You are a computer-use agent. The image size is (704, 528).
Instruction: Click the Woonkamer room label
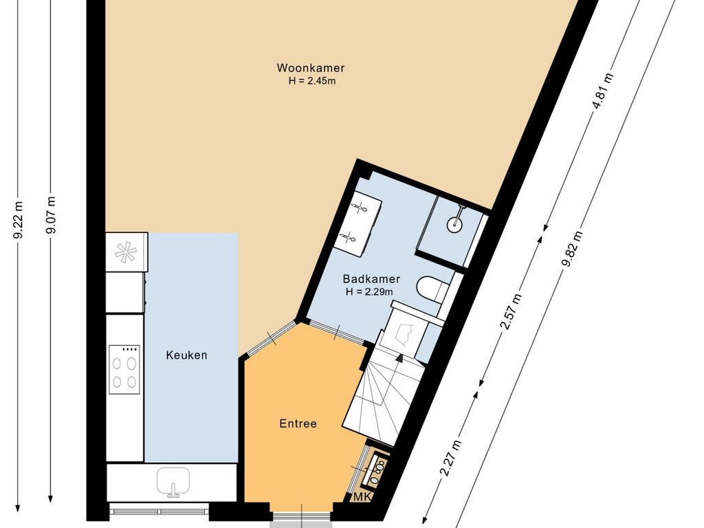click(311, 68)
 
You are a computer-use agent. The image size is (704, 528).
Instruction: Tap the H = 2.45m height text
click(312, 81)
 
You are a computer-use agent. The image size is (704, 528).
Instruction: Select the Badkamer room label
click(371, 279)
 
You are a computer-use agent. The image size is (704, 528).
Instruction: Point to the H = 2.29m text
click(369, 291)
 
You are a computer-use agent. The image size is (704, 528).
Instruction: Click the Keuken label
click(187, 355)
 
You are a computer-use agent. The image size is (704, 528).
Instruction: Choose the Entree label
click(298, 423)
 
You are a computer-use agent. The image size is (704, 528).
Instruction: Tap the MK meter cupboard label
click(363, 497)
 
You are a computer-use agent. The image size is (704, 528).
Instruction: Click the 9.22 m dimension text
click(19, 221)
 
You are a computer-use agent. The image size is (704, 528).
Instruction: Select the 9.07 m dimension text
click(51, 215)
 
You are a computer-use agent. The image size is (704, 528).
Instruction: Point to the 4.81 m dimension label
click(602, 91)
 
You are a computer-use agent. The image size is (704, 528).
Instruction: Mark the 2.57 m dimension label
click(511, 311)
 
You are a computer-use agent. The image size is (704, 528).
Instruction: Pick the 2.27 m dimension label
click(450, 457)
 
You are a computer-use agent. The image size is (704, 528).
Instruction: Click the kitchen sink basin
click(173, 481)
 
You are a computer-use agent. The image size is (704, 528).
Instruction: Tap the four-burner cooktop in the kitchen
click(124, 369)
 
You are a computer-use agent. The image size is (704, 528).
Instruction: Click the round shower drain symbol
click(454, 223)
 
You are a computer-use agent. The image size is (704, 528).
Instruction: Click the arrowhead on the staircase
click(399, 357)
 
